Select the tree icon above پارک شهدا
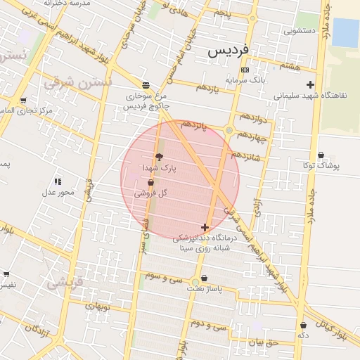[158, 157]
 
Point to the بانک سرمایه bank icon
[244, 70]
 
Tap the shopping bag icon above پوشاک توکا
[321, 155]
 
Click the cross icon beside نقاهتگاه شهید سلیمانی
[310, 85]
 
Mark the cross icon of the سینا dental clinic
[205, 227]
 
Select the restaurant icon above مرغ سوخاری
[145, 84]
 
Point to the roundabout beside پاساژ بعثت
[195, 283]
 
